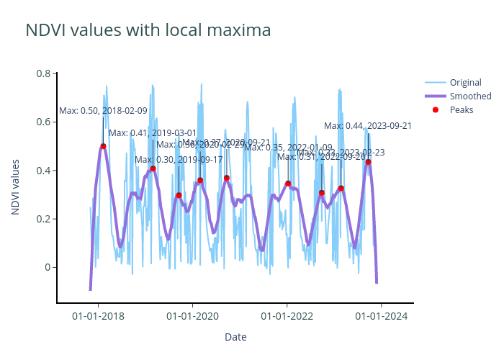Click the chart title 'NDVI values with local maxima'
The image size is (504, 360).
pyautogui.click(x=148, y=30)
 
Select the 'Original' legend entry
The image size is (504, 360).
pyautogui.click(x=465, y=82)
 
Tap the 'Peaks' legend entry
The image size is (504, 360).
pyautogui.click(x=462, y=109)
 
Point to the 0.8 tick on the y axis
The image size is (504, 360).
pyautogui.click(x=43, y=73)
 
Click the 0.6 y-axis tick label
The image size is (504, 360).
pyautogui.click(x=43, y=122)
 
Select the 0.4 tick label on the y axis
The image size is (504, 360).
pyautogui.click(x=43, y=171)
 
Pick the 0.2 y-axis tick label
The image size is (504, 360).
pyautogui.click(x=43, y=219)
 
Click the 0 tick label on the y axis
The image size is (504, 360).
pyautogui.click(x=47, y=267)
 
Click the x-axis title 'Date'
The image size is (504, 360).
pyautogui.click(x=235, y=337)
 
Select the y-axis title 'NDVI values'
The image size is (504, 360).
pyautogui.click(x=16, y=186)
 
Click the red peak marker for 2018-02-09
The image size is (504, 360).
pyautogui.click(x=103, y=146)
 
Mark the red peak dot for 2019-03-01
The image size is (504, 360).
pyautogui.click(x=153, y=168)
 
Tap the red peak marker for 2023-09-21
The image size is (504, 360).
pyautogui.click(x=368, y=162)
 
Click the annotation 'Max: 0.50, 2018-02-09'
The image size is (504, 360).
pyautogui.click(x=103, y=111)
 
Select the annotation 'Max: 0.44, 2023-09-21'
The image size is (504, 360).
pyautogui.click(x=368, y=126)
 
